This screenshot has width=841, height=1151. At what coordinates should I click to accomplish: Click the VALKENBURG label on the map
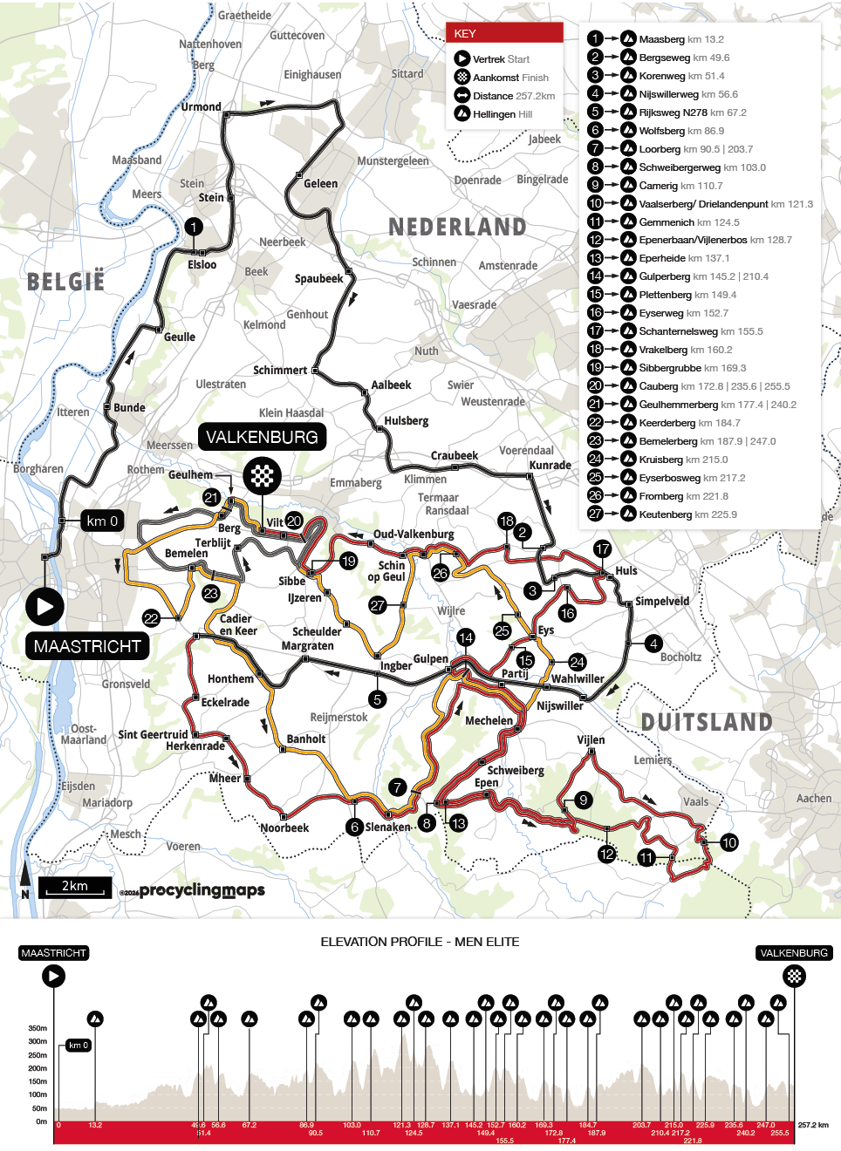coord(262,437)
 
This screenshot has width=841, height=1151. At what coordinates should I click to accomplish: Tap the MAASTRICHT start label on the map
coord(87,646)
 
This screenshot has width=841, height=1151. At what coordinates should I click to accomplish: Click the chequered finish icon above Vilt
coord(263,476)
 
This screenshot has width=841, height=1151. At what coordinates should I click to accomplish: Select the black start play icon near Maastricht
coord(44,606)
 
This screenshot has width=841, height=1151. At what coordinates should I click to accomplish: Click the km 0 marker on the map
coord(102,521)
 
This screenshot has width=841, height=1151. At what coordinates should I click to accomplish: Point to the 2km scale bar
coord(75,887)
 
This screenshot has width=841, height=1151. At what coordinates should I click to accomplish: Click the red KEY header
coord(504,33)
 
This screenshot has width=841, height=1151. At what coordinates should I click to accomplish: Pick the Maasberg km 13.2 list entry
coord(680,39)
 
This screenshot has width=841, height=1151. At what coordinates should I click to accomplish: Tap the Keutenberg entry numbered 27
coord(687,514)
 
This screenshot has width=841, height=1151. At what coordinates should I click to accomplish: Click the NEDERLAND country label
coord(457,227)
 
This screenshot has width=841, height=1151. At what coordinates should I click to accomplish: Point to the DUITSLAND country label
coord(707,722)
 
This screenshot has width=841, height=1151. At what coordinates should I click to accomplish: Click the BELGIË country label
coord(65,282)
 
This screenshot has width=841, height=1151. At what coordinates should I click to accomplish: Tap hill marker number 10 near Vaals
coord(729,842)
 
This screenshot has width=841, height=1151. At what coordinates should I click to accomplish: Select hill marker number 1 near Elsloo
coord(193,227)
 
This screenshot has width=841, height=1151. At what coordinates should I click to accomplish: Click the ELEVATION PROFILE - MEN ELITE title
coord(420,942)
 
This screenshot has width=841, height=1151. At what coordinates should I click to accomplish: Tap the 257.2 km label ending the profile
coord(813,1125)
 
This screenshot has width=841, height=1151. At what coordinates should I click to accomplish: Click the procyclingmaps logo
coord(202,890)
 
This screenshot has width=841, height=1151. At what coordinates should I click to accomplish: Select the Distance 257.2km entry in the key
coord(513,96)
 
